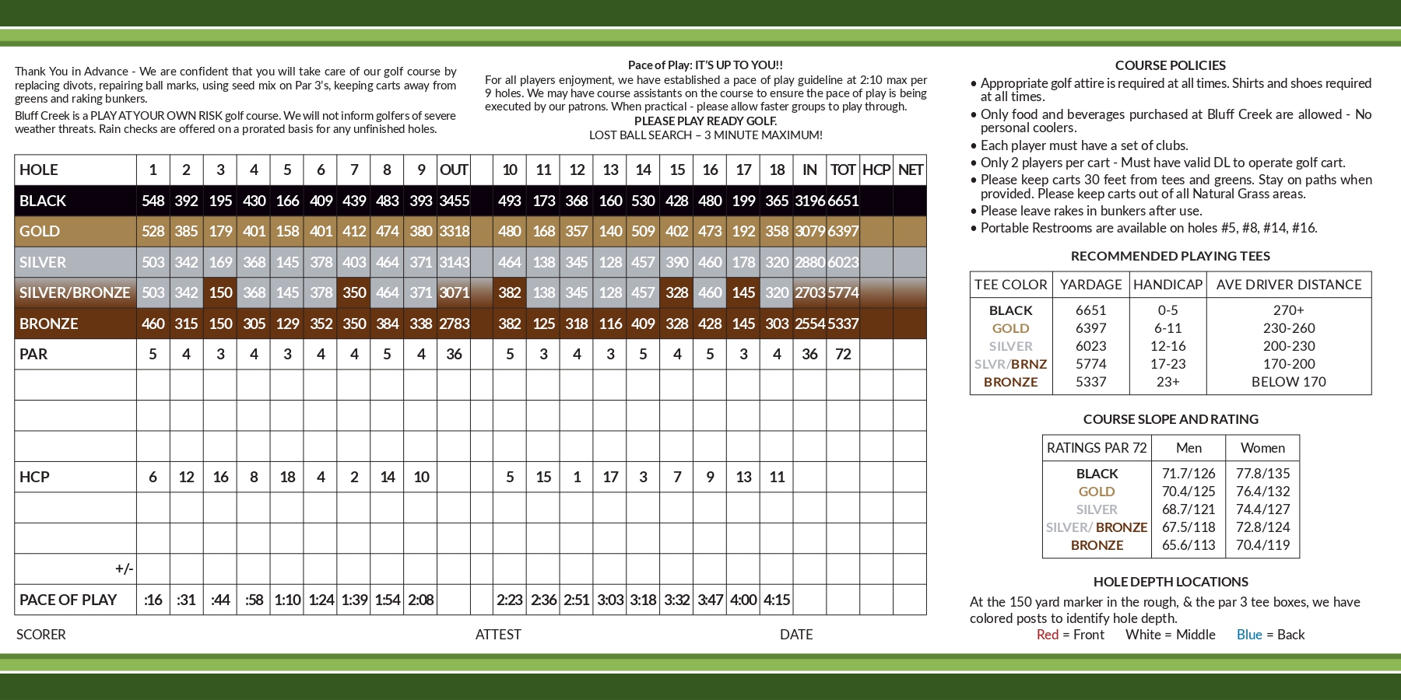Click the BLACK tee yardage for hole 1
tap(153, 201)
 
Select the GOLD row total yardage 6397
tap(843, 231)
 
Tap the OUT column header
tap(454, 170)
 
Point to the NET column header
tap(910, 170)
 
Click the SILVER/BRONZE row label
tap(75, 292)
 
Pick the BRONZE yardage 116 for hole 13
tap(610, 324)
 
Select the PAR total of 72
tap(843, 354)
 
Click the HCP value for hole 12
tap(577, 477)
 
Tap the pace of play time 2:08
tap(421, 600)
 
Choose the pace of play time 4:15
tap(777, 600)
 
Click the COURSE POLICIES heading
tap(1171, 65)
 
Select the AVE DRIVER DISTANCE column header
tap(1289, 285)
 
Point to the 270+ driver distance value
tap(1289, 310)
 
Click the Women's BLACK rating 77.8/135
tap(1262, 474)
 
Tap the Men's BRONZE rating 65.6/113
tap(1189, 545)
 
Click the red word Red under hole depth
tap(1048, 635)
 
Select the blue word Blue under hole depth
tap(1249, 635)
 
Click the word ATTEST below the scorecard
tap(498, 635)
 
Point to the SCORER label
tap(41, 635)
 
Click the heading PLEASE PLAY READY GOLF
tap(705, 121)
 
